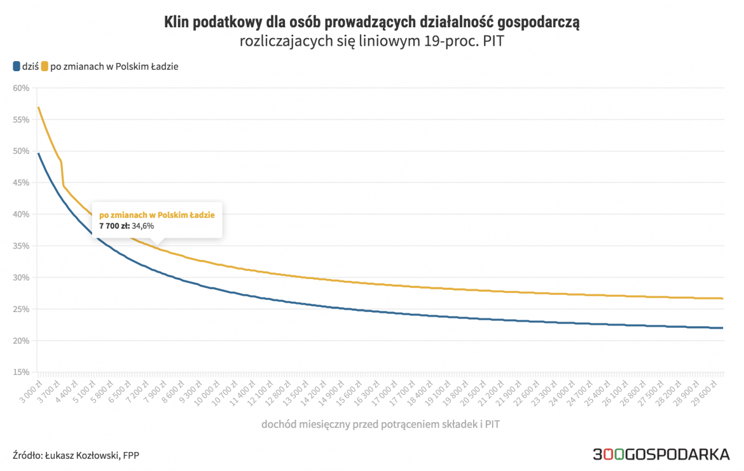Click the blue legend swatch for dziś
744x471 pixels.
tap(17, 66)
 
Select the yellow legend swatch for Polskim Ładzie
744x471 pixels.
tap(45, 66)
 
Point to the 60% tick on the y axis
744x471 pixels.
tap(21, 88)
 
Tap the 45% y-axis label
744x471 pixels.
tap(21, 182)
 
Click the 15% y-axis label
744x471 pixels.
tap(21, 372)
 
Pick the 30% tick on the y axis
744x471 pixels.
tap(21, 278)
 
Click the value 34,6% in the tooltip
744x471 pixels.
tap(143, 226)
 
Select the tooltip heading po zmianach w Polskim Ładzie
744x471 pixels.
tap(156, 215)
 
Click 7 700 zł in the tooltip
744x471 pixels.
tap(114, 226)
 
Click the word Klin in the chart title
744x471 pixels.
tap(176, 24)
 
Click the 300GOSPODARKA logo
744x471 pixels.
tap(661, 454)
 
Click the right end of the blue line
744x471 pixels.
tap(722, 328)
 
